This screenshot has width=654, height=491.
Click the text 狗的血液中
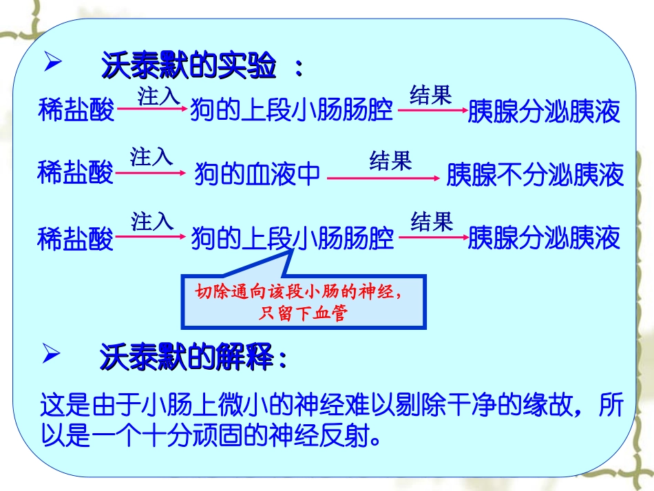click(257, 175)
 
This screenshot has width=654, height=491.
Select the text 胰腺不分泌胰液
click(535, 175)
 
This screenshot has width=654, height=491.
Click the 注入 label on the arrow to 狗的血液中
click(151, 158)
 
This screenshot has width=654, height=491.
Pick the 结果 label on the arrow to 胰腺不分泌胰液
click(390, 161)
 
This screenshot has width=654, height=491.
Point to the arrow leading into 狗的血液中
click(151, 175)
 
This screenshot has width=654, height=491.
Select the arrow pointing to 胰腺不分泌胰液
click(383, 178)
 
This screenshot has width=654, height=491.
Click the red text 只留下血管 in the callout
click(303, 315)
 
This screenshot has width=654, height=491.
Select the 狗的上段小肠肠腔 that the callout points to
click(293, 238)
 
